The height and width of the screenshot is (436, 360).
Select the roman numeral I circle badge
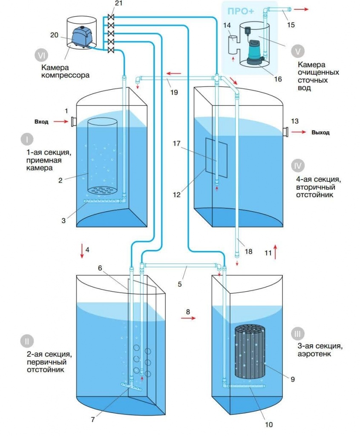coord(27,139)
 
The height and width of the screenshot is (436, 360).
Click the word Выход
coord(320,132)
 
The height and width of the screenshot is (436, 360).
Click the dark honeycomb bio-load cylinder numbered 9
coord(251,352)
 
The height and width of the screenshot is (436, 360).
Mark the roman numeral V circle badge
coord(297,51)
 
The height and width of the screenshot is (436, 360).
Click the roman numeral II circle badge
coord(27,341)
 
